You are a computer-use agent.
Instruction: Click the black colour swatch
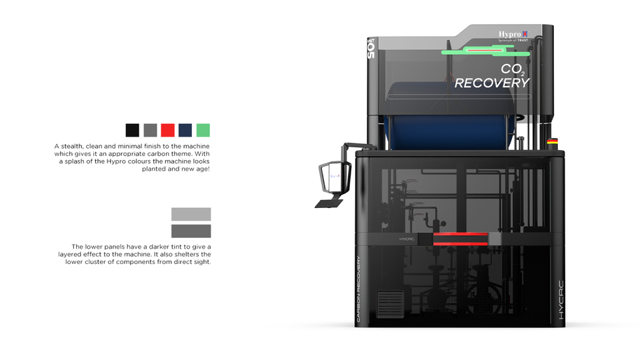pyautogui.click(x=133, y=130)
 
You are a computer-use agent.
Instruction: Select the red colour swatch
pyautogui.click(x=168, y=130)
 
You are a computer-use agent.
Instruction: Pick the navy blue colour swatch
pyautogui.click(x=185, y=130)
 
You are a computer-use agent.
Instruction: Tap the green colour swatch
pyautogui.click(x=203, y=130)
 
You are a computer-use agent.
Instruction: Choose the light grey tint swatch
pyautogui.click(x=191, y=214)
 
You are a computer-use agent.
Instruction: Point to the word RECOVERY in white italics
pyautogui.click(x=492, y=83)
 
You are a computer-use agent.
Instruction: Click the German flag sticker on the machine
pyautogui.click(x=552, y=141)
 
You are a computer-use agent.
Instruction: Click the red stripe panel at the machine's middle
pyautogui.click(x=460, y=239)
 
